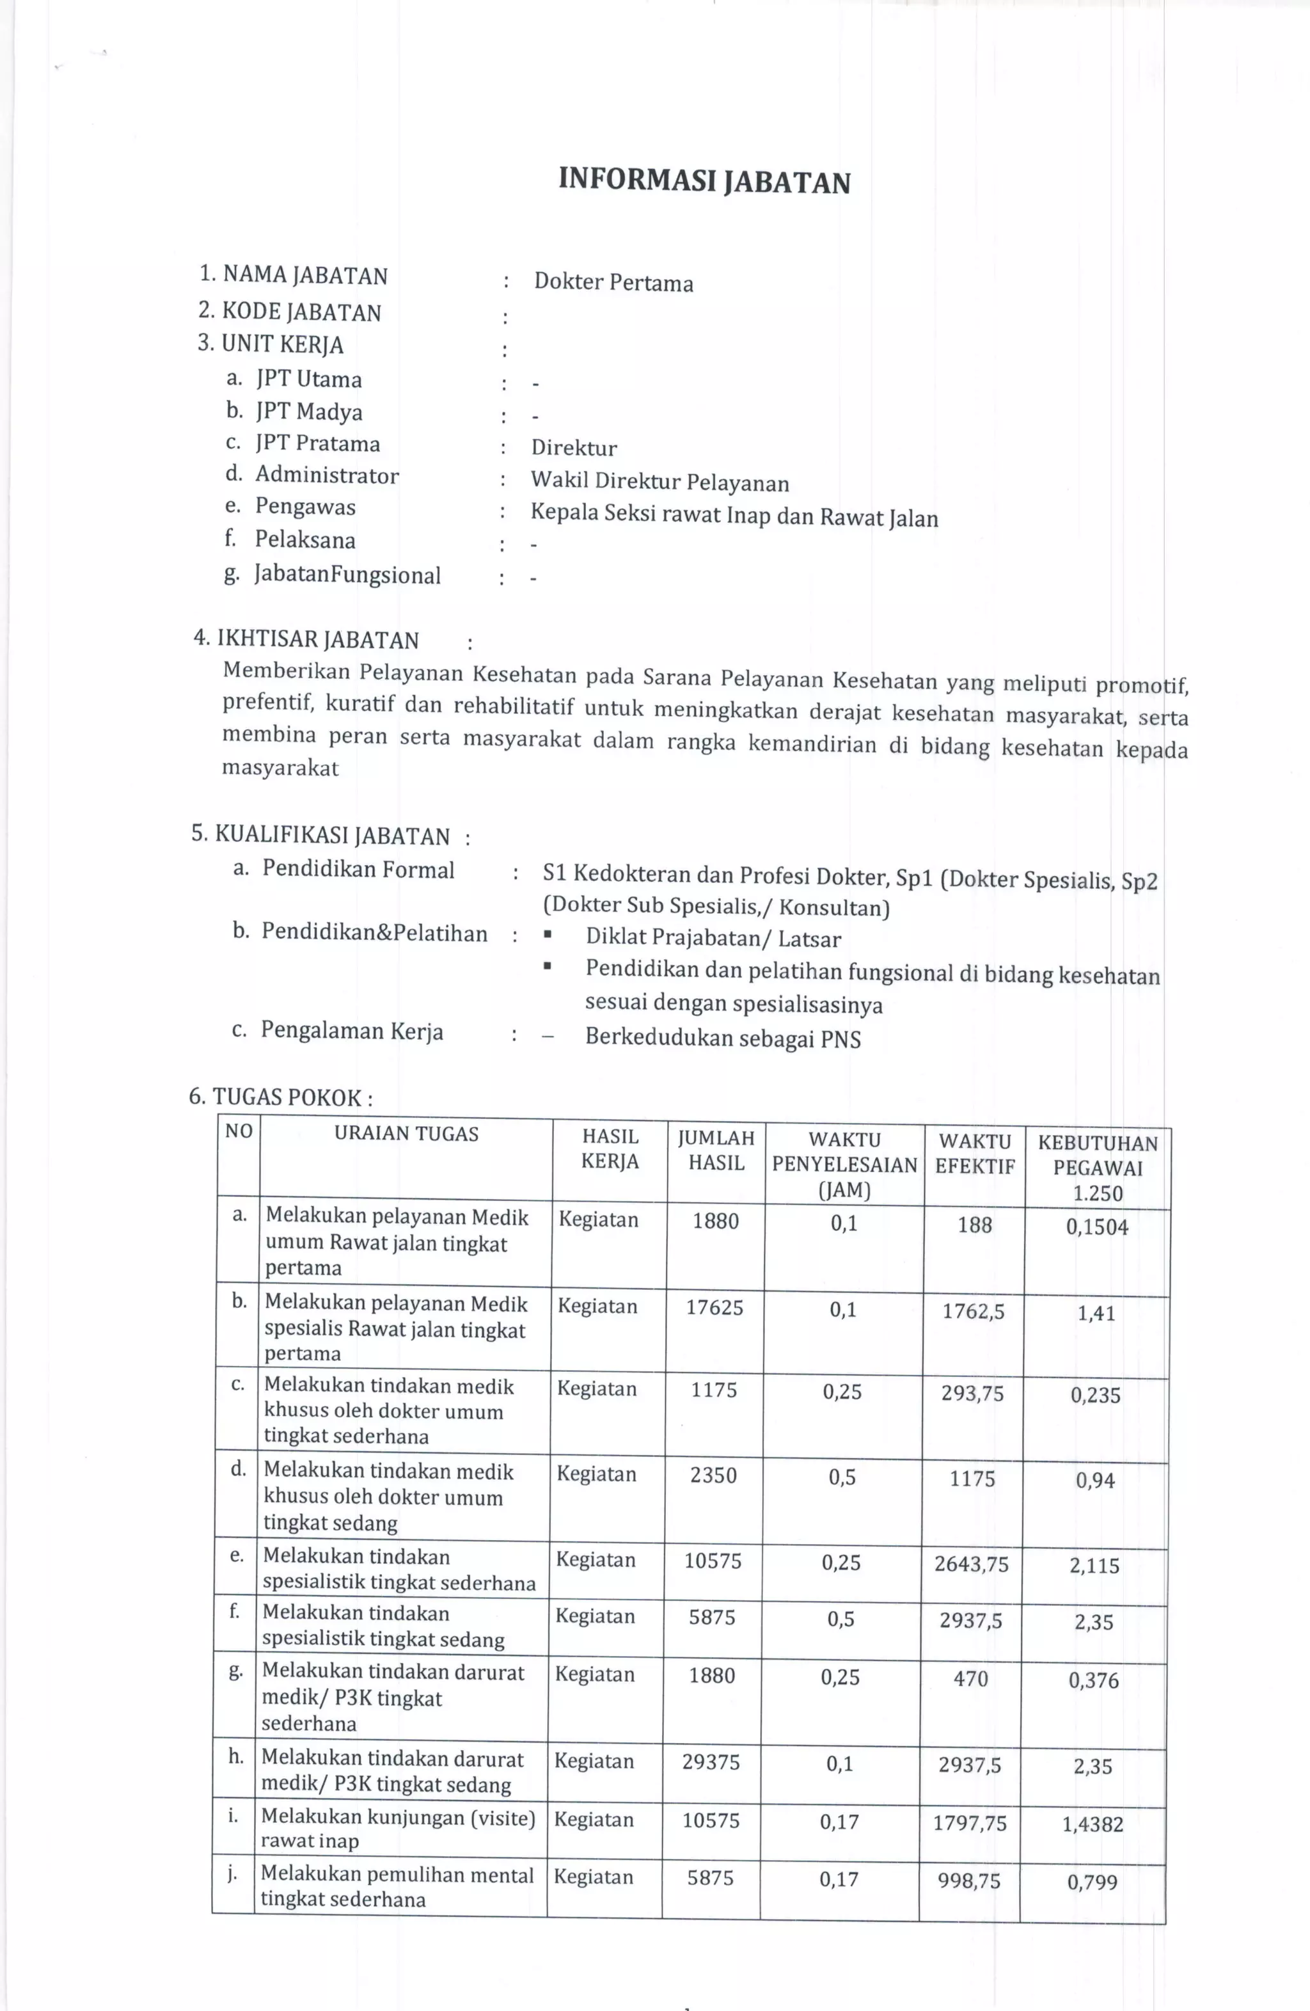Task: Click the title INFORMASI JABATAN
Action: (x=704, y=181)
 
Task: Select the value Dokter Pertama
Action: (x=613, y=282)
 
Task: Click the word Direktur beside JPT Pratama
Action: (x=574, y=448)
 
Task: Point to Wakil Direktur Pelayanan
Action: (x=659, y=482)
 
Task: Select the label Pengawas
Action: (x=305, y=507)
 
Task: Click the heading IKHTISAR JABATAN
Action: (x=306, y=640)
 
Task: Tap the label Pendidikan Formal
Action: (x=358, y=870)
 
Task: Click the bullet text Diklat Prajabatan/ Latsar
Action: (x=713, y=938)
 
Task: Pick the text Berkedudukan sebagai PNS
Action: (x=723, y=1038)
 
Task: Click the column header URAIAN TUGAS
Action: (x=406, y=1134)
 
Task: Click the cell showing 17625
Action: (x=714, y=1308)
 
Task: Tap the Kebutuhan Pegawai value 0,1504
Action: (x=1096, y=1227)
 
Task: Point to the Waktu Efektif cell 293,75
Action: (x=972, y=1394)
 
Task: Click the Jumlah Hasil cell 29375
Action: (x=711, y=1761)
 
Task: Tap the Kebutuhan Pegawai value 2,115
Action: (x=1094, y=1566)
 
